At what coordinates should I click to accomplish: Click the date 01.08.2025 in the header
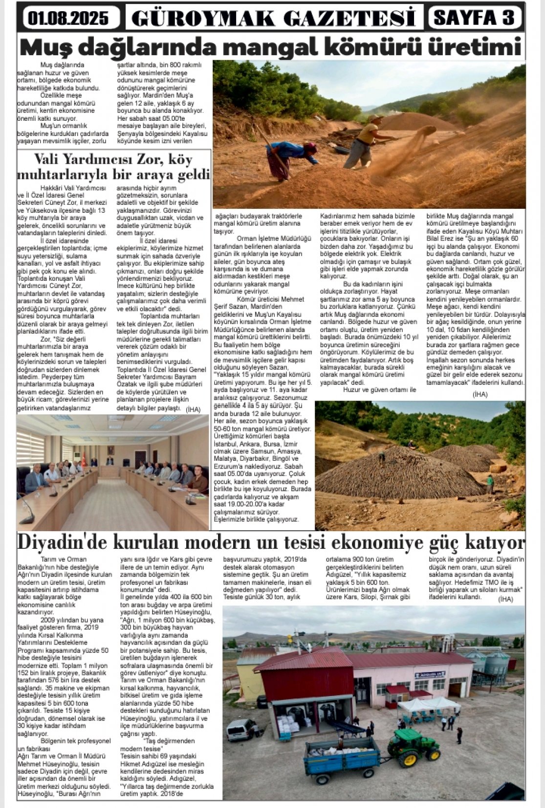68,18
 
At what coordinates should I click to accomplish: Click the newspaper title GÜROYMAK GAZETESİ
274,19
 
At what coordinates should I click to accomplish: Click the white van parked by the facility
242,729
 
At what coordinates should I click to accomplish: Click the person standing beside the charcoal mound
489,484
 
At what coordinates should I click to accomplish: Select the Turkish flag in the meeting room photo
84,459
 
